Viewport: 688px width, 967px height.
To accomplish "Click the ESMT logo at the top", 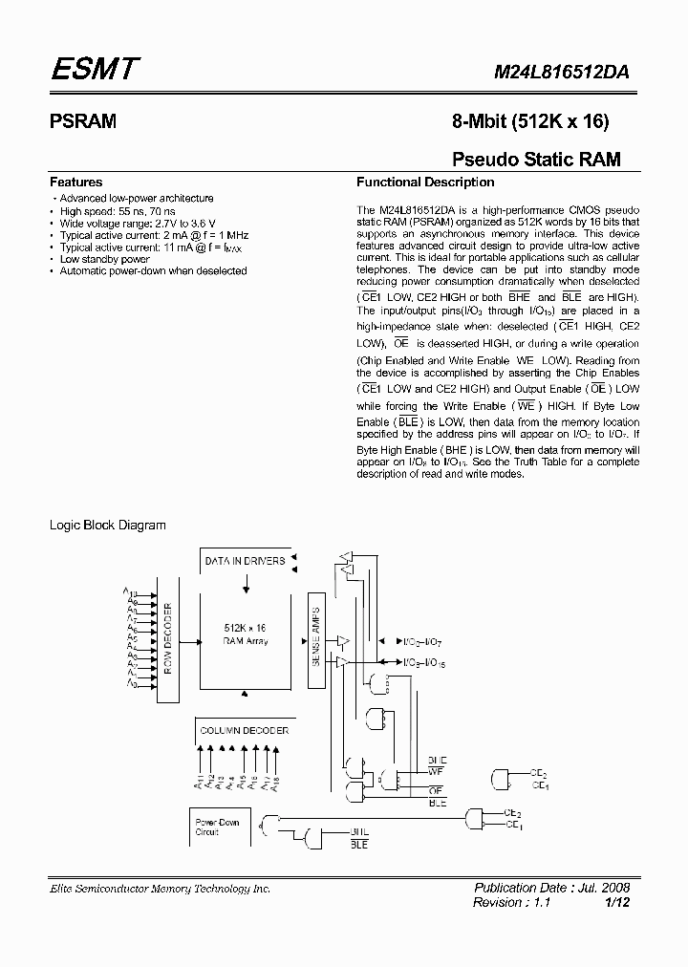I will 96,70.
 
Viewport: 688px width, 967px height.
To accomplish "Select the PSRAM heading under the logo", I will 82,121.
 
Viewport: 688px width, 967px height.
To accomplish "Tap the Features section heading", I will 75,182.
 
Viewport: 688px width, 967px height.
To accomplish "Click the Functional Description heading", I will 425,182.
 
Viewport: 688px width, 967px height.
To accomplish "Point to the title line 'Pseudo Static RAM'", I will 535,160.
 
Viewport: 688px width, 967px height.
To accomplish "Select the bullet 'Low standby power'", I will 104,259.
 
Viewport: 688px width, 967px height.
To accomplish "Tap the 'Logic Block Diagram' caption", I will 107,525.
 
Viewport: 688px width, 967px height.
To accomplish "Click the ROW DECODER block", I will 166,638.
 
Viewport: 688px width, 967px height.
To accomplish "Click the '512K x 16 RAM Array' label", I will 247,634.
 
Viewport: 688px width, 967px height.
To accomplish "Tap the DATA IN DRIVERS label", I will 245,561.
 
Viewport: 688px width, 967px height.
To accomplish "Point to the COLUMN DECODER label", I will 244,730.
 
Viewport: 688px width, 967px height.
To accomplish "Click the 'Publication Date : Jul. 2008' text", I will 552,888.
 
